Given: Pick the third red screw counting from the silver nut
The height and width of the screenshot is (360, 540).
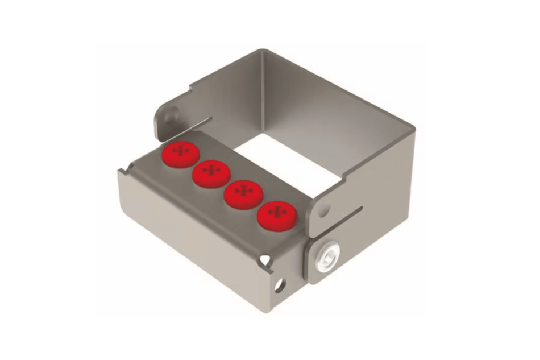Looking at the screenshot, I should (211, 173).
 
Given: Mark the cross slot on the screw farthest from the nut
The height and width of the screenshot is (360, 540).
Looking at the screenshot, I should (181, 151).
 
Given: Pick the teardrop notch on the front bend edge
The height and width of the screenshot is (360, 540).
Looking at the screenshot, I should (265, 260).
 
